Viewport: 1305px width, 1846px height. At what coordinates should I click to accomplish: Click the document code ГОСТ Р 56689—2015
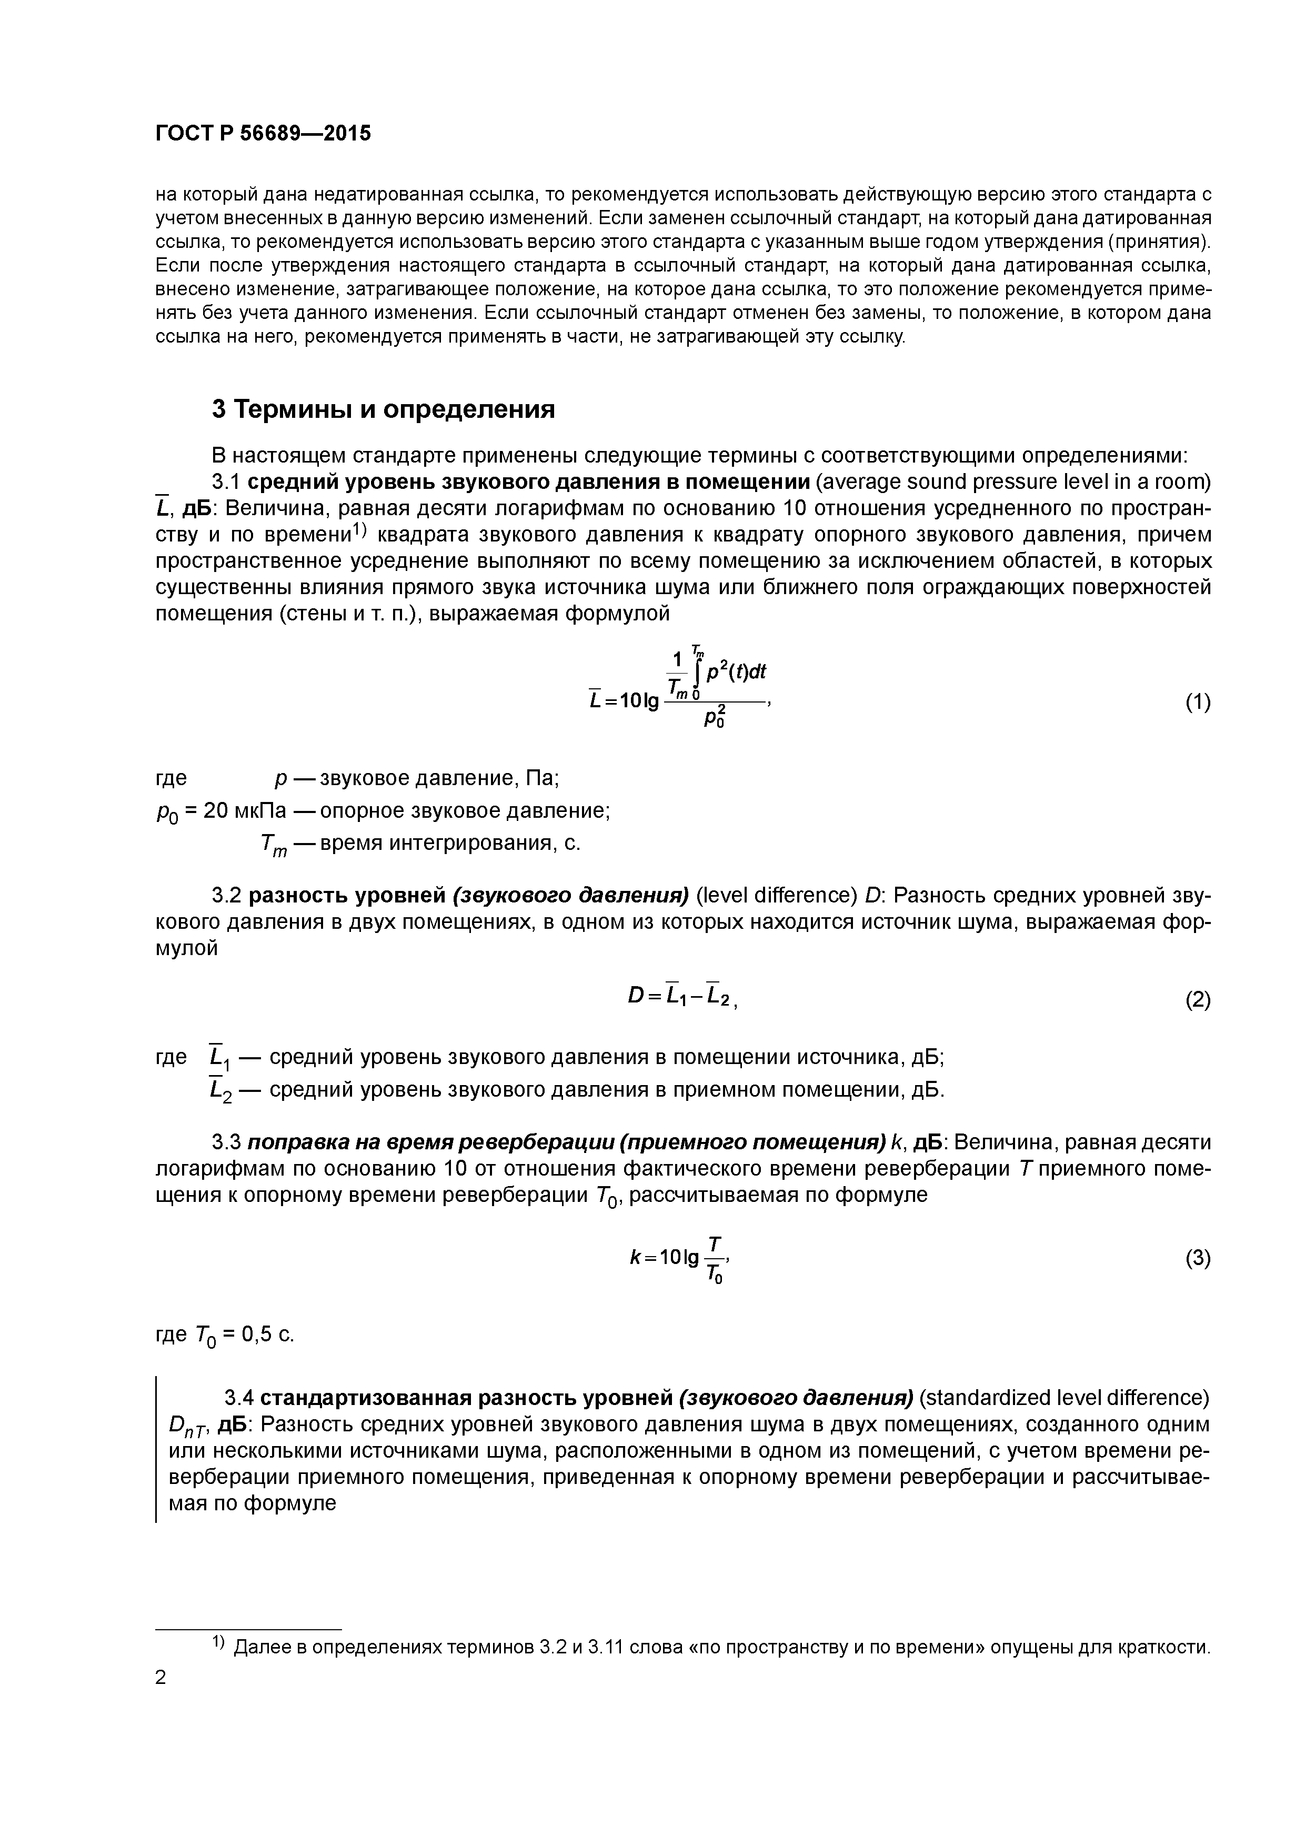click(x=263, y=134)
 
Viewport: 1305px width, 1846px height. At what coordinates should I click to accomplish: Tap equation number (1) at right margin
click(x=1197, y=703)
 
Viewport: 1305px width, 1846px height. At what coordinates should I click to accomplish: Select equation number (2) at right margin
click(x=1197, y=1000)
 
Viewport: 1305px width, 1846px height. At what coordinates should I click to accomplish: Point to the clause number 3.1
click(x=226, y=481)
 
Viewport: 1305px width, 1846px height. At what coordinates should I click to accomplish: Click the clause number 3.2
click(x=226, y=895)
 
